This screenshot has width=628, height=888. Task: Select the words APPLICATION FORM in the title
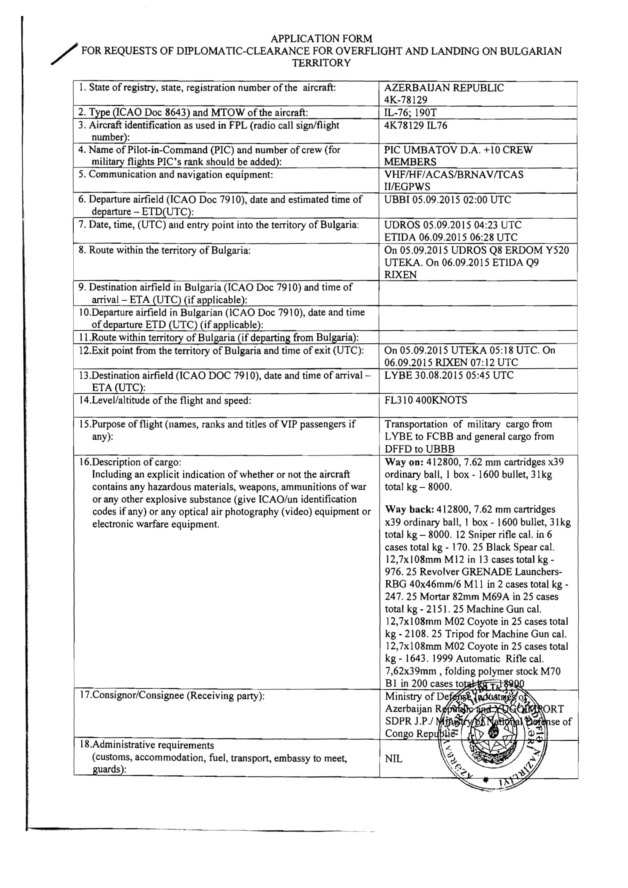321,39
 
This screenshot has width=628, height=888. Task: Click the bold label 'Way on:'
404,462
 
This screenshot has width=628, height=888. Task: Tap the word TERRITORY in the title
321,63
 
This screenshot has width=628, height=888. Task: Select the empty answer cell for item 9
478,293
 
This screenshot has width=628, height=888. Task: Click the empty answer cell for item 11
478,337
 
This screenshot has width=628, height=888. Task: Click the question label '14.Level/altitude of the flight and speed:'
165,400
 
